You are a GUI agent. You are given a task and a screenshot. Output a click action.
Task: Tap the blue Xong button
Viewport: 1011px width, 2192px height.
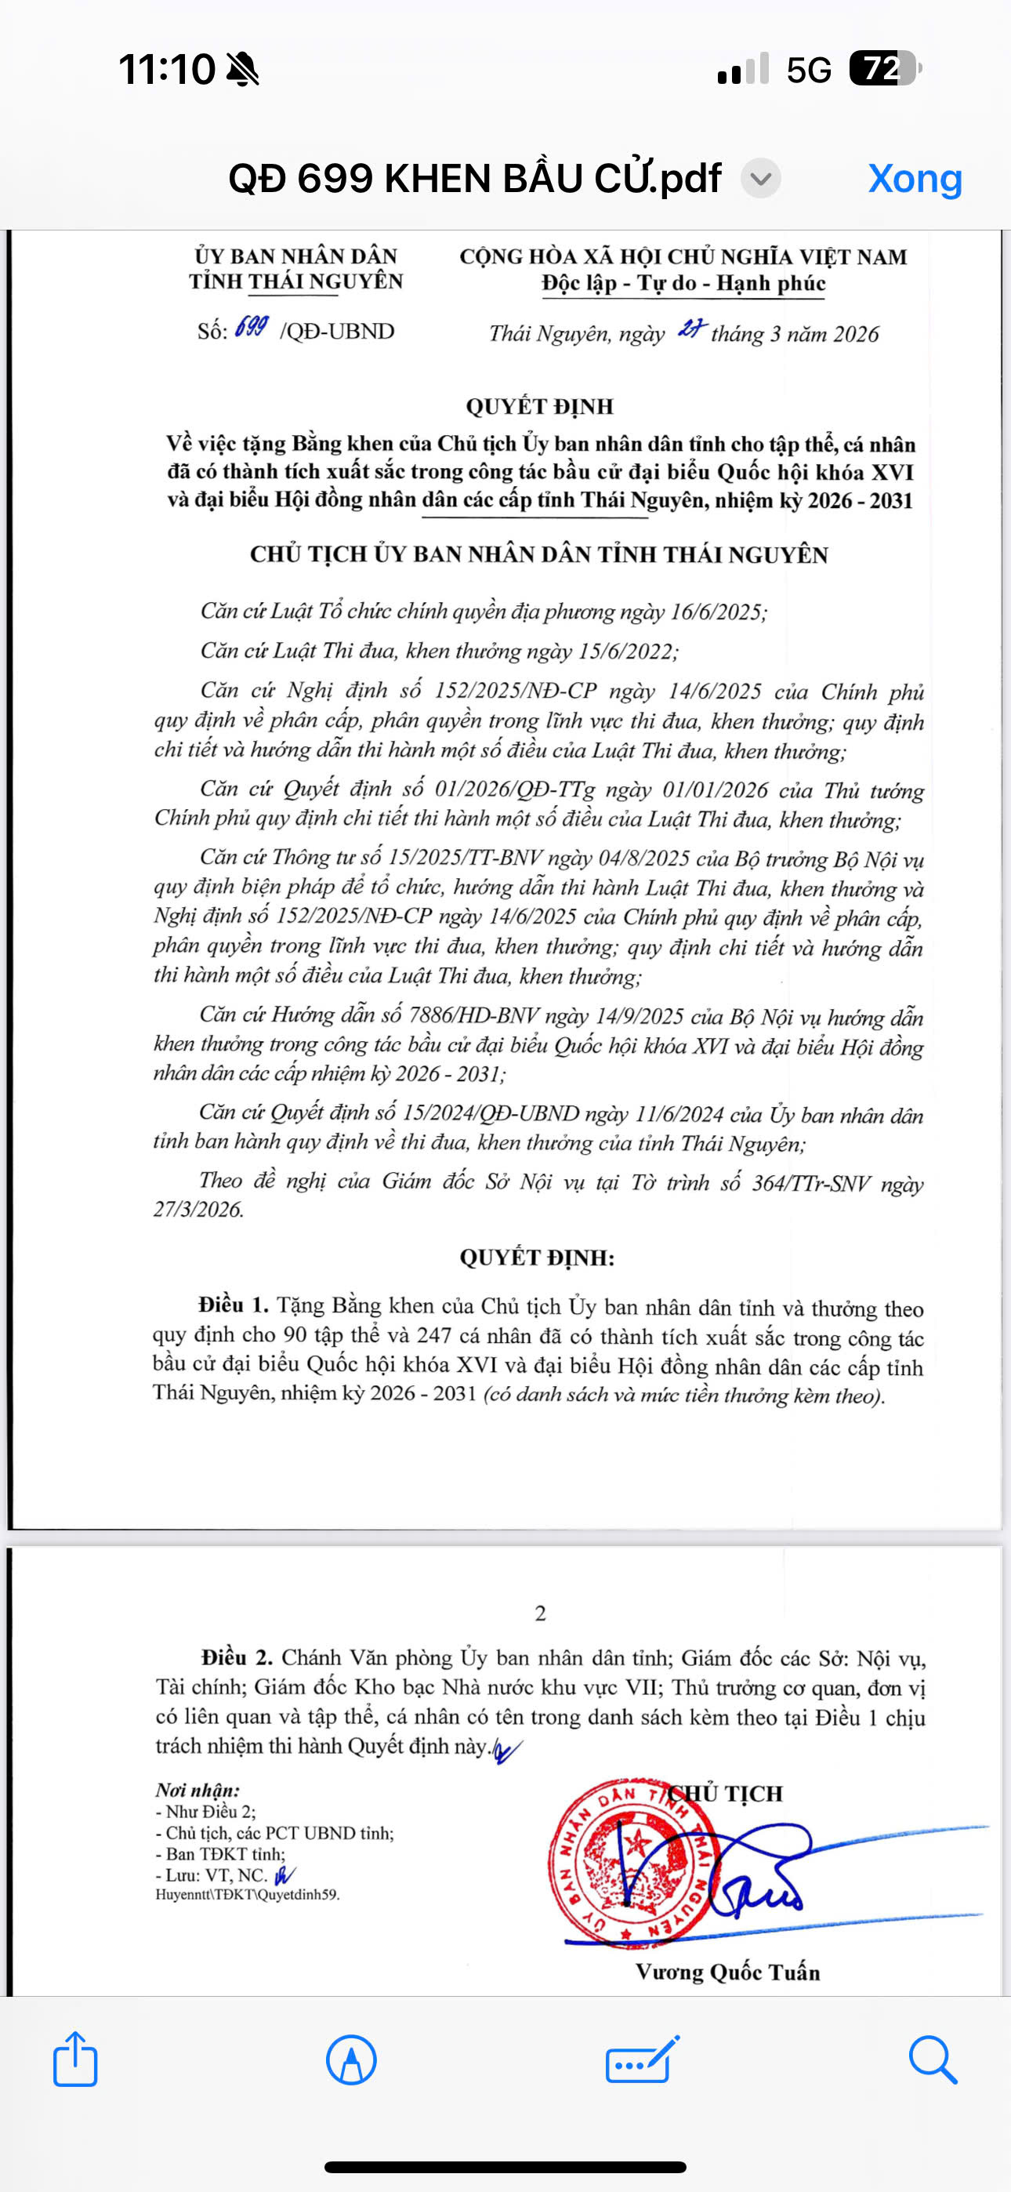915,179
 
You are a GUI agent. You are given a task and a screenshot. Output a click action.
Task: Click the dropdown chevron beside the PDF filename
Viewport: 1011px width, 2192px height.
760,180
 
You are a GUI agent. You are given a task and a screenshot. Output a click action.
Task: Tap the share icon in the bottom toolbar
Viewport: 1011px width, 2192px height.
75,2059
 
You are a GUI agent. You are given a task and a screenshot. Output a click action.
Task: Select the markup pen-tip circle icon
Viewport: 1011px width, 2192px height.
350,2060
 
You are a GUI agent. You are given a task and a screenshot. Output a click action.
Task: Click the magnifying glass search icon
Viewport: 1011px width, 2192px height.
933,2060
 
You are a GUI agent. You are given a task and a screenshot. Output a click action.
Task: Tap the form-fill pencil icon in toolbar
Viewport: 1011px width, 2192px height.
643,2060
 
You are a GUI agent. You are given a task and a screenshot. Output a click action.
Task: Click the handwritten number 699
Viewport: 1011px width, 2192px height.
252,328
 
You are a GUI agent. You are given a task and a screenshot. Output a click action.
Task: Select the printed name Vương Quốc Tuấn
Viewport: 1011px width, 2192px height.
727,1972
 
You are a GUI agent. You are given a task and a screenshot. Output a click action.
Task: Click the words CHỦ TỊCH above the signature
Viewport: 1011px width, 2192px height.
726,1793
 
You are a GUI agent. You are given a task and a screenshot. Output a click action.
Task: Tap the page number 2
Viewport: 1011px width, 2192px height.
541,1613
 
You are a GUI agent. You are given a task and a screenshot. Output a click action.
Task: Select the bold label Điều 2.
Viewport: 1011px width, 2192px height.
237,1657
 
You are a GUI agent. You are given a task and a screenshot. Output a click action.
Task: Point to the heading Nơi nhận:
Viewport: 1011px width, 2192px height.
197,1790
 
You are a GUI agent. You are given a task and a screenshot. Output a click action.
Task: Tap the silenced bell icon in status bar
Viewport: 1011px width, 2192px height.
242,69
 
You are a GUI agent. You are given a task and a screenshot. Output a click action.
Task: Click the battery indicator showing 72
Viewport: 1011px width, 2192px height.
884,69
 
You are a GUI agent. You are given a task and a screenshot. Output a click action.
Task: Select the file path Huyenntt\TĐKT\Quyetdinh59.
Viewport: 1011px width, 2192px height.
247,1895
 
